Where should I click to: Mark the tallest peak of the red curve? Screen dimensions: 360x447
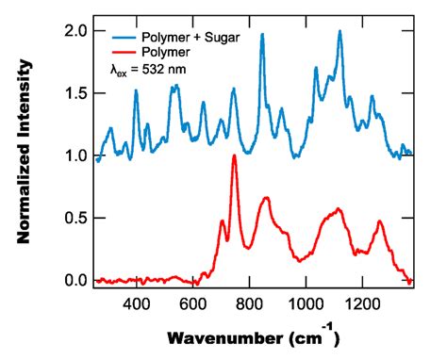point(234,156)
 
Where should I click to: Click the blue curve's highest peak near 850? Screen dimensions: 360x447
point(262,35)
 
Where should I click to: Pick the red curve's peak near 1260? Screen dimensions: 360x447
point(380,222)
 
